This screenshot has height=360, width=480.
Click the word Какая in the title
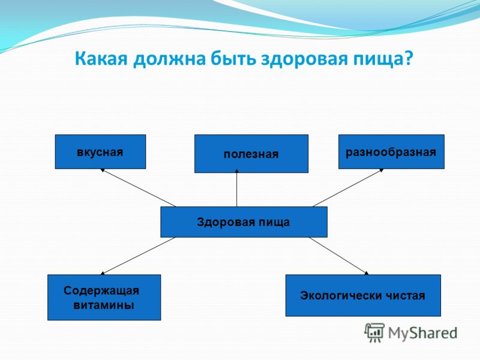101,58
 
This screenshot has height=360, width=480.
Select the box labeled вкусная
100,152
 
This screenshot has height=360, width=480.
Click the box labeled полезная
251,154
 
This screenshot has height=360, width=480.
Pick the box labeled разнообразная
391,152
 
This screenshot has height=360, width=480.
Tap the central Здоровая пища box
244,222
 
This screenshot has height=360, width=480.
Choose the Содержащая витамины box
104,297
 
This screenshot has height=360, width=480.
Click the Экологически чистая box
363,295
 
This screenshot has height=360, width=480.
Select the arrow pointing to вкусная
139,188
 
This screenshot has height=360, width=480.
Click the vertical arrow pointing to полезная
236,188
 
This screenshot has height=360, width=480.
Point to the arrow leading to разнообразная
348,188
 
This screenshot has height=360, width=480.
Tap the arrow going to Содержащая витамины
138,256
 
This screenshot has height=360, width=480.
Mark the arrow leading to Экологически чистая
338,256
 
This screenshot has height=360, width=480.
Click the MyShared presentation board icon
374,332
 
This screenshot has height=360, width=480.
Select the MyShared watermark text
423,334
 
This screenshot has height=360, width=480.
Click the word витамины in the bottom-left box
104,305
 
